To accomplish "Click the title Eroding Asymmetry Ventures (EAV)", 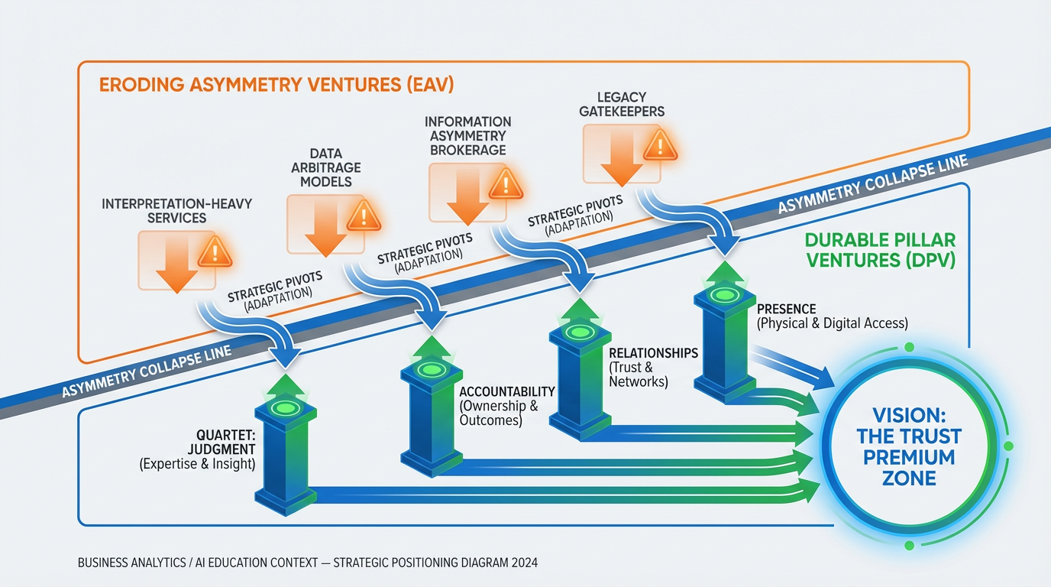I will (x=276, y=84).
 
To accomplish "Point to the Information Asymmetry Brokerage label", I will (x=467, y=136).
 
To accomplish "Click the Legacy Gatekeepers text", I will (x=621, y=104).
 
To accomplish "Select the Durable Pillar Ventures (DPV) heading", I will (x=880, y=249).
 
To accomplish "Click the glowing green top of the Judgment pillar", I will (x=284, y=408).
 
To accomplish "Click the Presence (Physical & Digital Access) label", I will (x=832, y=316).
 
